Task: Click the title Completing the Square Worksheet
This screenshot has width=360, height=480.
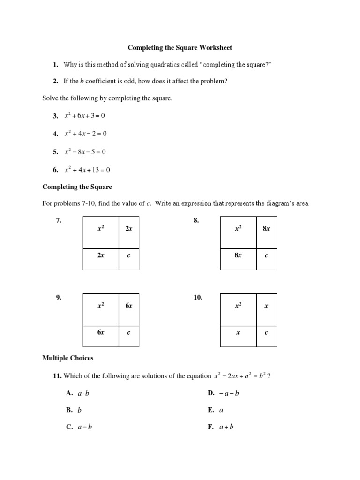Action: [x=180, y=48]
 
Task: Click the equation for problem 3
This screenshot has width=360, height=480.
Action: [x=84, y=116]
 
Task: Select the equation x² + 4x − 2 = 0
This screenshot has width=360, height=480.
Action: [x=85, y=134]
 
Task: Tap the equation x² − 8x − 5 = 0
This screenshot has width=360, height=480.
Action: [x=85, y=152]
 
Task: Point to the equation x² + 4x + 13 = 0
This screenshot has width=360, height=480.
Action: [x=87, y=170]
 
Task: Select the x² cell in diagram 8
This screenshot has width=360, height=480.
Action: [x=238, y=228]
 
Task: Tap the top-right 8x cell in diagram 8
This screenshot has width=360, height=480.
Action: [x=266, y=229]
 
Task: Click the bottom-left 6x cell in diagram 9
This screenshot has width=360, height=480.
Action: [x=101, y=332]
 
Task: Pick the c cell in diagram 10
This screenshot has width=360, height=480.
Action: [x=266, y=333]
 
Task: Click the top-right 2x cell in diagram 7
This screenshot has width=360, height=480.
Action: [x=128, y=229]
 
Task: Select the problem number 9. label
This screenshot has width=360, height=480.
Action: [x=59, y=297]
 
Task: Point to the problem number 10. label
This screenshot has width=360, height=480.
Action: [x=198, y=297]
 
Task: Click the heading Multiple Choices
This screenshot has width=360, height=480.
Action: [x=68, y=358]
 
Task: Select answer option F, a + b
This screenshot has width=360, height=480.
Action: [x=226, y=427]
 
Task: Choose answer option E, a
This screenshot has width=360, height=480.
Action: [x=221, y=410]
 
